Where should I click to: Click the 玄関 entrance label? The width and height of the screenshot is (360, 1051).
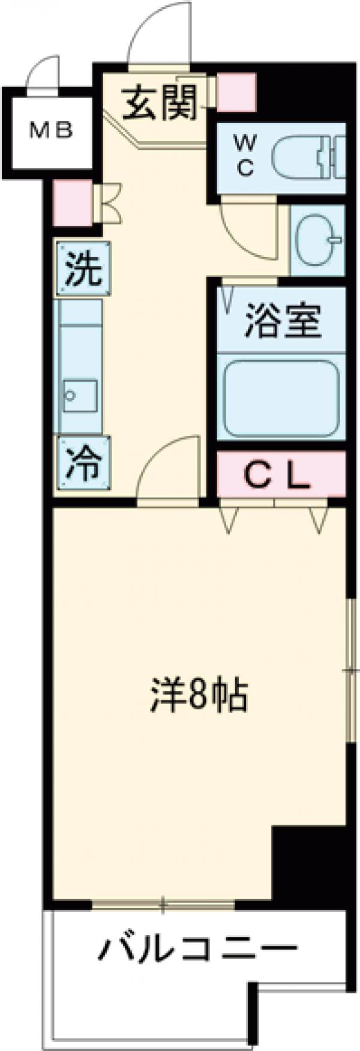(x=160, y=103)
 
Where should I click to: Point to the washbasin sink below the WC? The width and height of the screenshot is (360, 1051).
(x=319, y=241)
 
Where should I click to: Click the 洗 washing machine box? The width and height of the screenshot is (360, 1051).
(x=84, y=268)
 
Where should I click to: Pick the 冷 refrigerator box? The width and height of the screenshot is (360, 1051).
(x=83, y=462)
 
